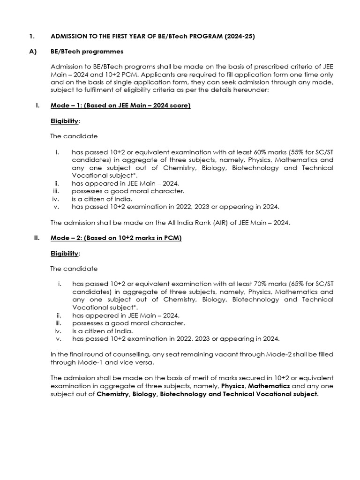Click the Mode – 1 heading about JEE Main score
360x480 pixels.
click(x=120, y=106)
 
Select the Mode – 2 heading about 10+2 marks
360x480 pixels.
click(x=116, y=238)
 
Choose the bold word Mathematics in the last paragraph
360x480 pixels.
click(x=270, y=386)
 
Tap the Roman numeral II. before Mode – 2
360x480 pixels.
click(x=37, y=238)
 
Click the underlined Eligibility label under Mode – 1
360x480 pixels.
click(x=64, y=121)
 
